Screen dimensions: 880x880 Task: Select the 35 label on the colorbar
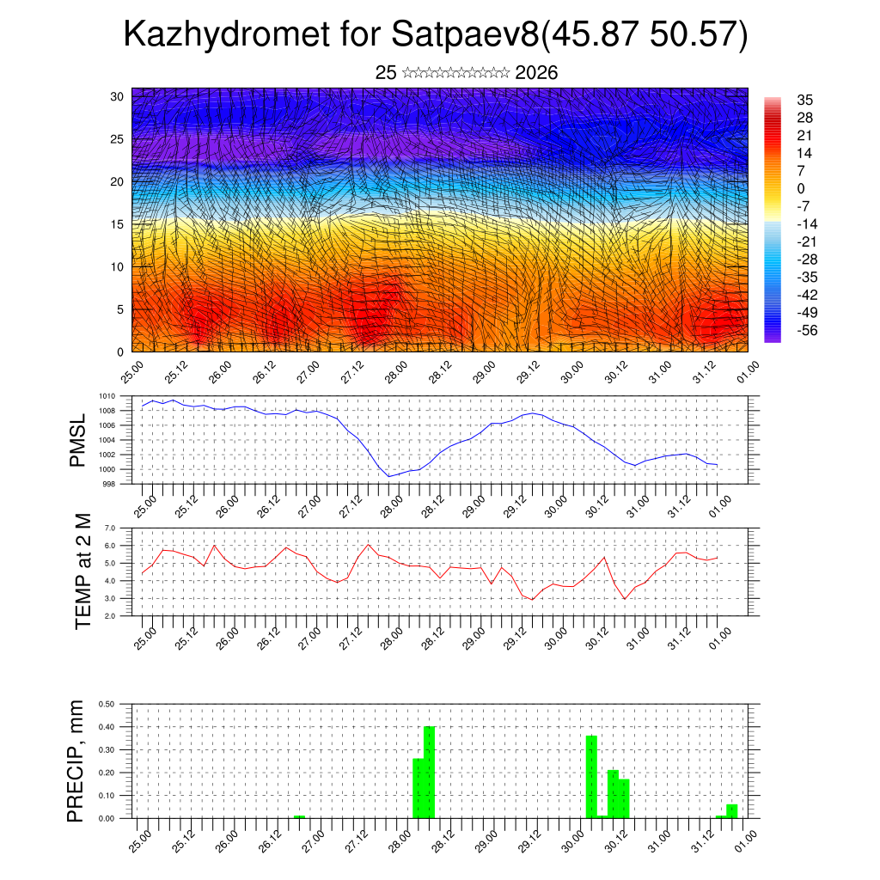click(x=804, y=100)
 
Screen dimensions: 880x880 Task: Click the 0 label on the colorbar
click(x=801, y=188)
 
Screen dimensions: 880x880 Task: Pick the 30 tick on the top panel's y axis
click(x=117, y=96)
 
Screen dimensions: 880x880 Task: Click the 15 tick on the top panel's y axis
click(x=117, y=224)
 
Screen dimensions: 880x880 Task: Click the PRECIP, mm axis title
click(x=78, y=761)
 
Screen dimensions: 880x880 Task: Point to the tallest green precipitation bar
click(x=429, y=772)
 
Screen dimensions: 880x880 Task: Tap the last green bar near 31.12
click(x=731, y=811)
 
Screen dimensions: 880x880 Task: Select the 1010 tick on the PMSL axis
click(x=107, y=396)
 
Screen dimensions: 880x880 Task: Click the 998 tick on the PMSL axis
click(x=109, y=484)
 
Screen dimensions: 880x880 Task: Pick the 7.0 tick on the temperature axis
click(x=110, y=528)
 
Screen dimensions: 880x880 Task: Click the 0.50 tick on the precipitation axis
click(x=107, y=704)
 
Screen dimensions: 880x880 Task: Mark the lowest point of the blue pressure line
click(x=389, y=476)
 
